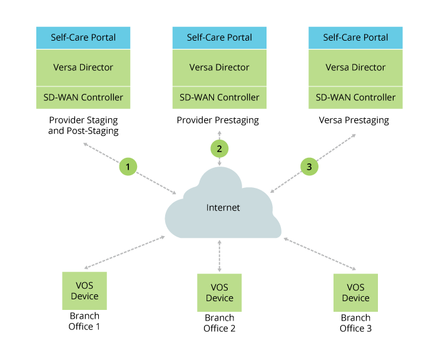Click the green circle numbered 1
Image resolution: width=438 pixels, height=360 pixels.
pyautogui.click(x=128, y=167)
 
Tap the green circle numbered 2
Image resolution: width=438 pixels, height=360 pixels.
pyautogui.click(x=219, y=148)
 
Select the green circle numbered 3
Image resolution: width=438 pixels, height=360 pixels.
pyautogui.click(x=308, y=167)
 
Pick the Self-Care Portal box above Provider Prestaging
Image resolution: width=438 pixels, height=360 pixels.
pyautogui.click(x=219, y=38)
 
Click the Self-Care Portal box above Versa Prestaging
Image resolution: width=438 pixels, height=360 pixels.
pyautogui.click(x=355, y=38)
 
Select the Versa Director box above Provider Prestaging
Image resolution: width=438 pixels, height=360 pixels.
pyautogui.click(x=219, y=68)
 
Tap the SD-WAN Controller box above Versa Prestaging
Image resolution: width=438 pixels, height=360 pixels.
pyautogui.click(x=355, y=98)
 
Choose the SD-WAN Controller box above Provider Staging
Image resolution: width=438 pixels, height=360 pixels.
pyautogui.click(x=83, y=98)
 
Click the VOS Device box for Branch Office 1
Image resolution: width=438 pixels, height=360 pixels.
pyautogui.click(x=84, y=291)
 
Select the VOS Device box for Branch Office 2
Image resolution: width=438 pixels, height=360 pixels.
pyautogui.click(x=219, y=292)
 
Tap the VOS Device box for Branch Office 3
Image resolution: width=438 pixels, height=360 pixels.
pyautogui.click(x=355, y=292)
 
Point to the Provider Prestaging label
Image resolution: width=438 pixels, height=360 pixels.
pyautogui.click(x=218, y=120)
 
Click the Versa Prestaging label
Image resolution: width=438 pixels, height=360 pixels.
pyautogui.click(x=354, y=120)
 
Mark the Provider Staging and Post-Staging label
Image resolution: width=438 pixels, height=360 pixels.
pyautogui.click(x=83, y=125)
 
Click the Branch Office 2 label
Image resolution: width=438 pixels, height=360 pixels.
pyautogui.click(x=219, y=323)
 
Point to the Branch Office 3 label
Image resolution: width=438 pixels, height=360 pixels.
pyautogui.click(x=355, y=322)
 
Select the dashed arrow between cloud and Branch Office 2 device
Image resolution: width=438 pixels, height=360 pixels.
pyautogui.click(x=219, y=255)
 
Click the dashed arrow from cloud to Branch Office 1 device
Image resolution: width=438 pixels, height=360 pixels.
pyautogui.click(x=125, y=252)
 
